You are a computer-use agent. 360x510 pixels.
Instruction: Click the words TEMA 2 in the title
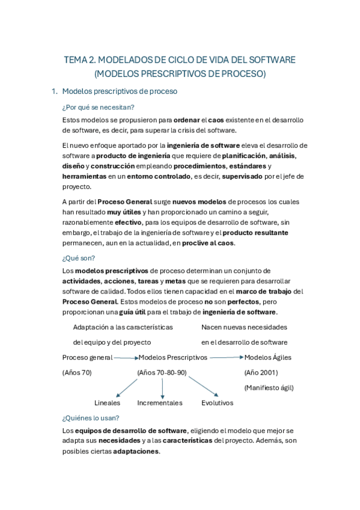[79, 61]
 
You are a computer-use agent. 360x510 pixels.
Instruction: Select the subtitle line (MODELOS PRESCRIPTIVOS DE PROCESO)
[180, 74]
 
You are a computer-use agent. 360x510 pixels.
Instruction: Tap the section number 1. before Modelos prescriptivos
[55, 91]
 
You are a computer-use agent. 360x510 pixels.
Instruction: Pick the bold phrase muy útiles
[123, 212]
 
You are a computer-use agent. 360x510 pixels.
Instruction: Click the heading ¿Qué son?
[75, 258]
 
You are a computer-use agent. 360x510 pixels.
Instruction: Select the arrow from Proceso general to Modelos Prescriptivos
[125, 357]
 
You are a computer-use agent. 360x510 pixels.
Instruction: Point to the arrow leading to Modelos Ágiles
[225, 357]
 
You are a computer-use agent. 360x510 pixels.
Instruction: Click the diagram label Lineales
[108, 403]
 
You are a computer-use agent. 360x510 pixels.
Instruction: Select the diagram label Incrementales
[159, 403]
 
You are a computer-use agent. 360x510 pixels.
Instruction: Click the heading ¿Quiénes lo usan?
[91, 417]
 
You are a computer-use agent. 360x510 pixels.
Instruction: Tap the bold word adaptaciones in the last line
[136, 452]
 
